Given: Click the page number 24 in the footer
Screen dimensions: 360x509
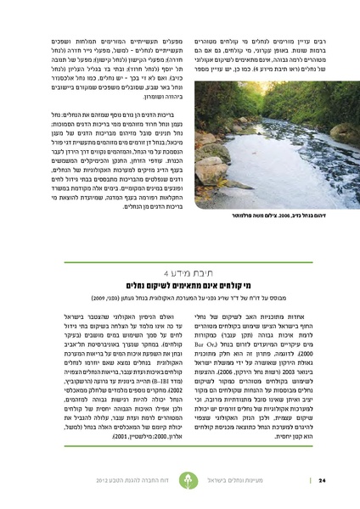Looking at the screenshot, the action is coord(323,481).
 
